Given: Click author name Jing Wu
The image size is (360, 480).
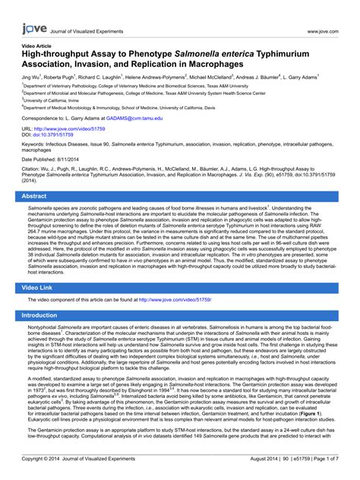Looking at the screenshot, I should click(31, 77).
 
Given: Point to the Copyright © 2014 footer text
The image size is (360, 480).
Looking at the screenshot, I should click(48, 459).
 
